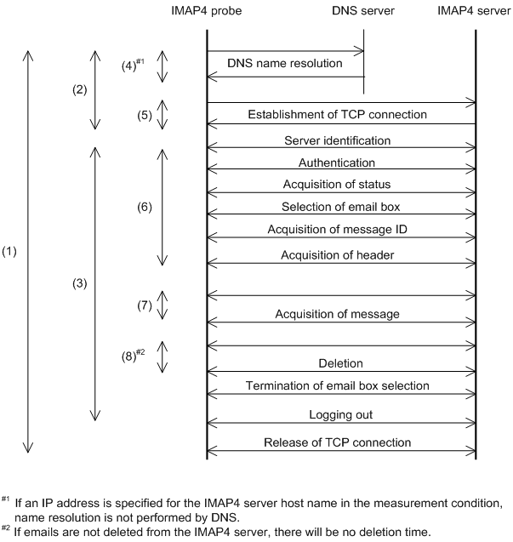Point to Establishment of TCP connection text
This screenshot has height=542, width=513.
tap(349, 114)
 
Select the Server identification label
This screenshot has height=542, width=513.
tap(349, 139)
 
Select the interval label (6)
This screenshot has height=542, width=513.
tap(145, 206)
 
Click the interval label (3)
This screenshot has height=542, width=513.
tap(78, 282)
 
